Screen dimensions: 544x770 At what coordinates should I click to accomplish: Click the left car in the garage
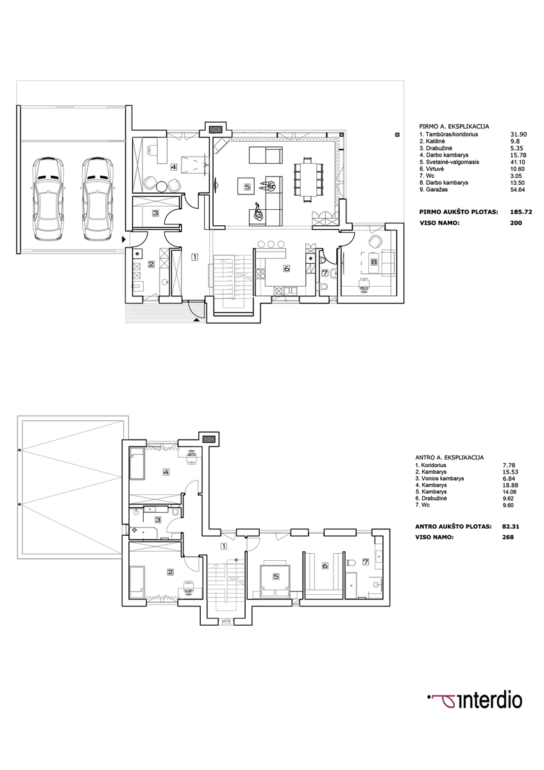(48, 200)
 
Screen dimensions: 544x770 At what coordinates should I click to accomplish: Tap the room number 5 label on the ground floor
(248, 187)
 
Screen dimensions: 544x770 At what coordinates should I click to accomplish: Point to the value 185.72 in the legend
(521, 212)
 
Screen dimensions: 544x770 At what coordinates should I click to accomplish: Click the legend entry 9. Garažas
(434, 189)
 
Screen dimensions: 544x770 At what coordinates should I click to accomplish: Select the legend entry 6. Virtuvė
(431, 169)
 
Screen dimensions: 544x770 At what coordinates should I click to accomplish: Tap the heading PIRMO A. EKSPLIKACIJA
(454, 126)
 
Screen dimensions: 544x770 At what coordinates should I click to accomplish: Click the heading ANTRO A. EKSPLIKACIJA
(450, 458)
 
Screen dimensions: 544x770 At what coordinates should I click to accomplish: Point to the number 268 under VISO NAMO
(508, 537)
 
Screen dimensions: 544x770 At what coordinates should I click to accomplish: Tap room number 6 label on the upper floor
(325, 565)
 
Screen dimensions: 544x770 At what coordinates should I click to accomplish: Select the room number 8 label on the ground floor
(374, 262)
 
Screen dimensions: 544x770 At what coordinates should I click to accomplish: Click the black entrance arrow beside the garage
(124, 239)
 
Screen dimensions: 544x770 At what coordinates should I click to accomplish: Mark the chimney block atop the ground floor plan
(216, 130)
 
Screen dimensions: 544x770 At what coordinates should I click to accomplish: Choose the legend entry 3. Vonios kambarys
(439, 478)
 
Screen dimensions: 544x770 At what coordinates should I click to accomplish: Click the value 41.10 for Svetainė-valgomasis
(518, 162)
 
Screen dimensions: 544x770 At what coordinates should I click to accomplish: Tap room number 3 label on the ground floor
(155, 213)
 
